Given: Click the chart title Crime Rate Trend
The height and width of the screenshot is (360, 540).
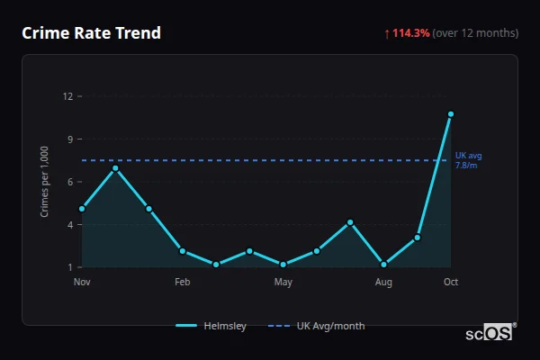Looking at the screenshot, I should (x=91, y=33).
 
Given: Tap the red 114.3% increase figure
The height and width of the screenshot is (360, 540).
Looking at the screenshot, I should (x=411, y=33).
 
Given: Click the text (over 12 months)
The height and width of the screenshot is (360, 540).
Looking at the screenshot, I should (x=475, y=33).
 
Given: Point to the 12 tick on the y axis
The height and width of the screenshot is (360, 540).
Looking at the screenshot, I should (x=67, y=96).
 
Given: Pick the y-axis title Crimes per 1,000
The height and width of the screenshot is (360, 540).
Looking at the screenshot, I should (x=44, y=182).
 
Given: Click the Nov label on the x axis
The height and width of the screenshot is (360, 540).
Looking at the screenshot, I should (x=82, y=283).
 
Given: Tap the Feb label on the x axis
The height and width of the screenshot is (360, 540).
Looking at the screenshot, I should (x=183, y=283).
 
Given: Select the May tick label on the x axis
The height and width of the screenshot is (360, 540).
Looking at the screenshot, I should (x=283, y=283).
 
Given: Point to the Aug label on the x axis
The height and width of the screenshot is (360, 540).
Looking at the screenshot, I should (x=383, y=283).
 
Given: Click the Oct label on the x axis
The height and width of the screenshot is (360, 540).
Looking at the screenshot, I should (x=451, y=283).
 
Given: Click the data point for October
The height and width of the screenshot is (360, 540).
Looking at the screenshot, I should (x=451, y=114).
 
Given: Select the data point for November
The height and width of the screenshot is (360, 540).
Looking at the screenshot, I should (x=82, y=209).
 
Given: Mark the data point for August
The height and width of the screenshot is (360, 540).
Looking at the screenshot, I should (x=383, y=265).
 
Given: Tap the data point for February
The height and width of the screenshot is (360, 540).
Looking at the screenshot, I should (x=183, y=251).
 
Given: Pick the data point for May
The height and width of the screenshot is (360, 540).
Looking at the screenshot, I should (x=283, y=265).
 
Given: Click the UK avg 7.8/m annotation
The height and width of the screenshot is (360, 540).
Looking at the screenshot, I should (x=468, y=160).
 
